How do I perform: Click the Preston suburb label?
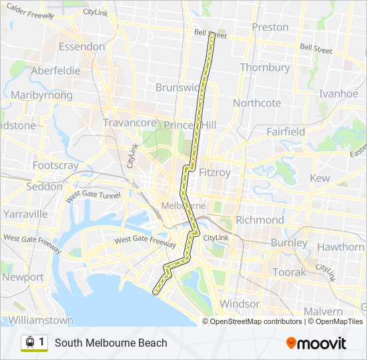pyautogui.click(x=270, y=27)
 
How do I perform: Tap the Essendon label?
pyautogui.click(x=82, y=47)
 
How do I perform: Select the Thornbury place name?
pyautogui.click(x=265, y=67)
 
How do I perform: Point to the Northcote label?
pyautogui.click(x=257, y=103)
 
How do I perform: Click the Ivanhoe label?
pyautogui.click(x=338, y=94)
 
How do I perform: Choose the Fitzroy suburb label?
pyautogui.click(x=215, y=172)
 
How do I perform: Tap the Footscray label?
pyautogui.click(x=55, y=165)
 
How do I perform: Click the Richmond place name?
pyautogui.click(x=260, y=219)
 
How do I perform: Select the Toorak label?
pyautogui.click(x=290, y=272)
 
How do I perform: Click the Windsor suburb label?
pyautogui.click(x=240, y=304)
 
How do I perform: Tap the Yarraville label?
pyautogui.click(x=25, y=214)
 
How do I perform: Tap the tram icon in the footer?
pyautogui.click(x=30, y=343)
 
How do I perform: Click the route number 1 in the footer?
pyautogui.click(x=41, y=342)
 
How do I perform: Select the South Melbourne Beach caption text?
pyautogui.click(x=111, y=343)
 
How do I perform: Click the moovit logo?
pyautogui.click(x=316, y=343)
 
